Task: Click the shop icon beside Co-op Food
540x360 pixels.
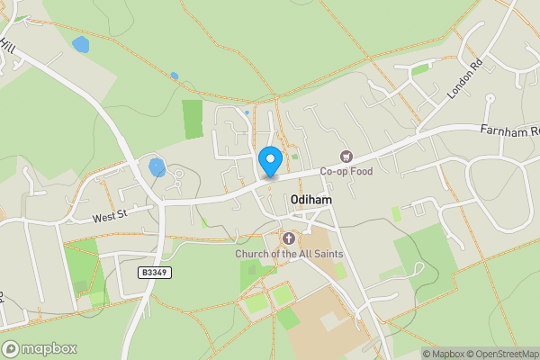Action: [x=346, y=156]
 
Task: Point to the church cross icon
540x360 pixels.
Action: [x=289, y=238]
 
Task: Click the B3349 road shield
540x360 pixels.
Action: [x=154, y=272]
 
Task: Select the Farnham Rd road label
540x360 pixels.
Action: [x=508, y=131]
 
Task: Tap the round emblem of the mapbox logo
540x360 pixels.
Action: [x=11, y=349]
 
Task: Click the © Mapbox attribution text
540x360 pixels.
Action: [x=445, y=353]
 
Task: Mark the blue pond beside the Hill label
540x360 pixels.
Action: [x=82, y=44]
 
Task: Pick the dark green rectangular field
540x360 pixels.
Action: [x=193, y=119]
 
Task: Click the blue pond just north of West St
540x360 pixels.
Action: [x=157, y=166]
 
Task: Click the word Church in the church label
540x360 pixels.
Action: [x=254, y=254]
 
